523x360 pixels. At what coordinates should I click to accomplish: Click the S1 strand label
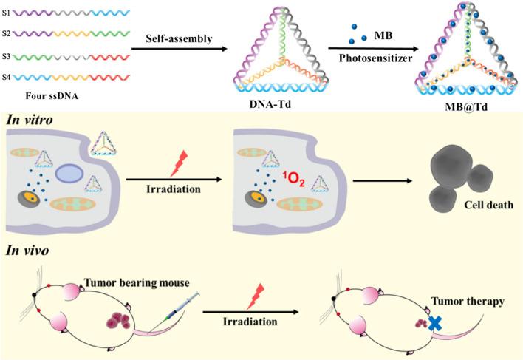point(7,13)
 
